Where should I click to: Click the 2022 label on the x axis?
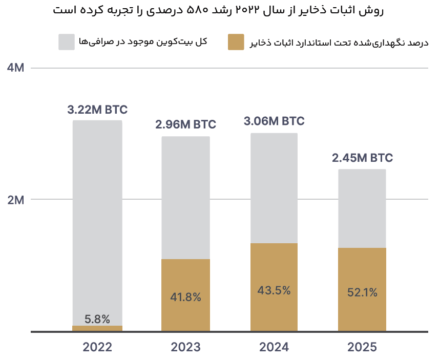point(97,347)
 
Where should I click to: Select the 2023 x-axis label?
point(186,347)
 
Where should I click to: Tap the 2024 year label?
point(274,347)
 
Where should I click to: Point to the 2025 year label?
point(362,347)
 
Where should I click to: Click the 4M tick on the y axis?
point(16,68)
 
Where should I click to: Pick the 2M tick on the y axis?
point(16,200)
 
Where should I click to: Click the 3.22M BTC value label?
point(97,110)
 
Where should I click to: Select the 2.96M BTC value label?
point(186,124)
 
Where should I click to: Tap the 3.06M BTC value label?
point(274,121)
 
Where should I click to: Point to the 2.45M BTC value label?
point(362,158)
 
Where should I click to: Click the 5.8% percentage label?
point(97,319)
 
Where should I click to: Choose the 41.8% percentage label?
point(186,297)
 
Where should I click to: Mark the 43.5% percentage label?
point(274,290)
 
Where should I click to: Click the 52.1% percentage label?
point(362,292)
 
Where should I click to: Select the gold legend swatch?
point(236,42)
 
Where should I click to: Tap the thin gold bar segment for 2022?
point(97,328)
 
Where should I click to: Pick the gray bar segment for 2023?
point(186,198)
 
